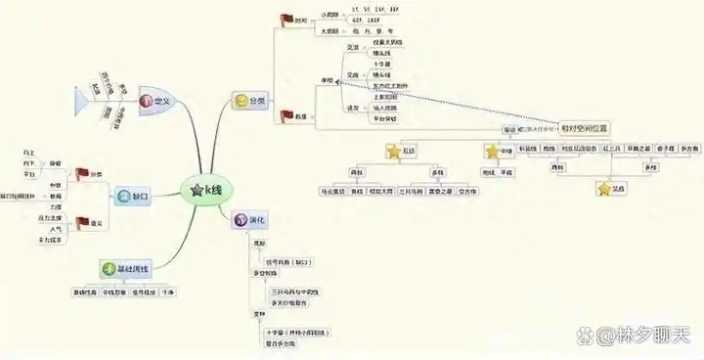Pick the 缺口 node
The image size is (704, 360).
(135, 196)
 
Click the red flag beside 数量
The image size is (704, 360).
(288, 116)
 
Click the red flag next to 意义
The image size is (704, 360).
(84, 222)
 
